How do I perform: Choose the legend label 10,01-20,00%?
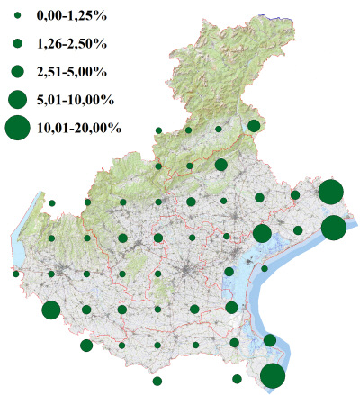point(79,129)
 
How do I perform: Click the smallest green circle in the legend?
point(17,17)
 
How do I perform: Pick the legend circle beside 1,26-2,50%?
point(17,43)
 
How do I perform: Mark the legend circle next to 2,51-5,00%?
point(17,70)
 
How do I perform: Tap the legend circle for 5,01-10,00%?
point(17,98)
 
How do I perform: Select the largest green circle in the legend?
point(17,129)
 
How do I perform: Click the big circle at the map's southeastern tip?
point(273,376)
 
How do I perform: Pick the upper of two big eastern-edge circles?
point(330,192)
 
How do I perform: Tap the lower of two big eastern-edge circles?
point(333,228)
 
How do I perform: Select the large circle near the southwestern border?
point(50,310)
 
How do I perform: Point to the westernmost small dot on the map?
point(16,274)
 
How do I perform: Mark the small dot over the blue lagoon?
point(265,268)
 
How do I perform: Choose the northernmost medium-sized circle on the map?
point(254,126)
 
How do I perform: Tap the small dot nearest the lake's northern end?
point(52,203)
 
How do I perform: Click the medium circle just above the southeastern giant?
point(269,340)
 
